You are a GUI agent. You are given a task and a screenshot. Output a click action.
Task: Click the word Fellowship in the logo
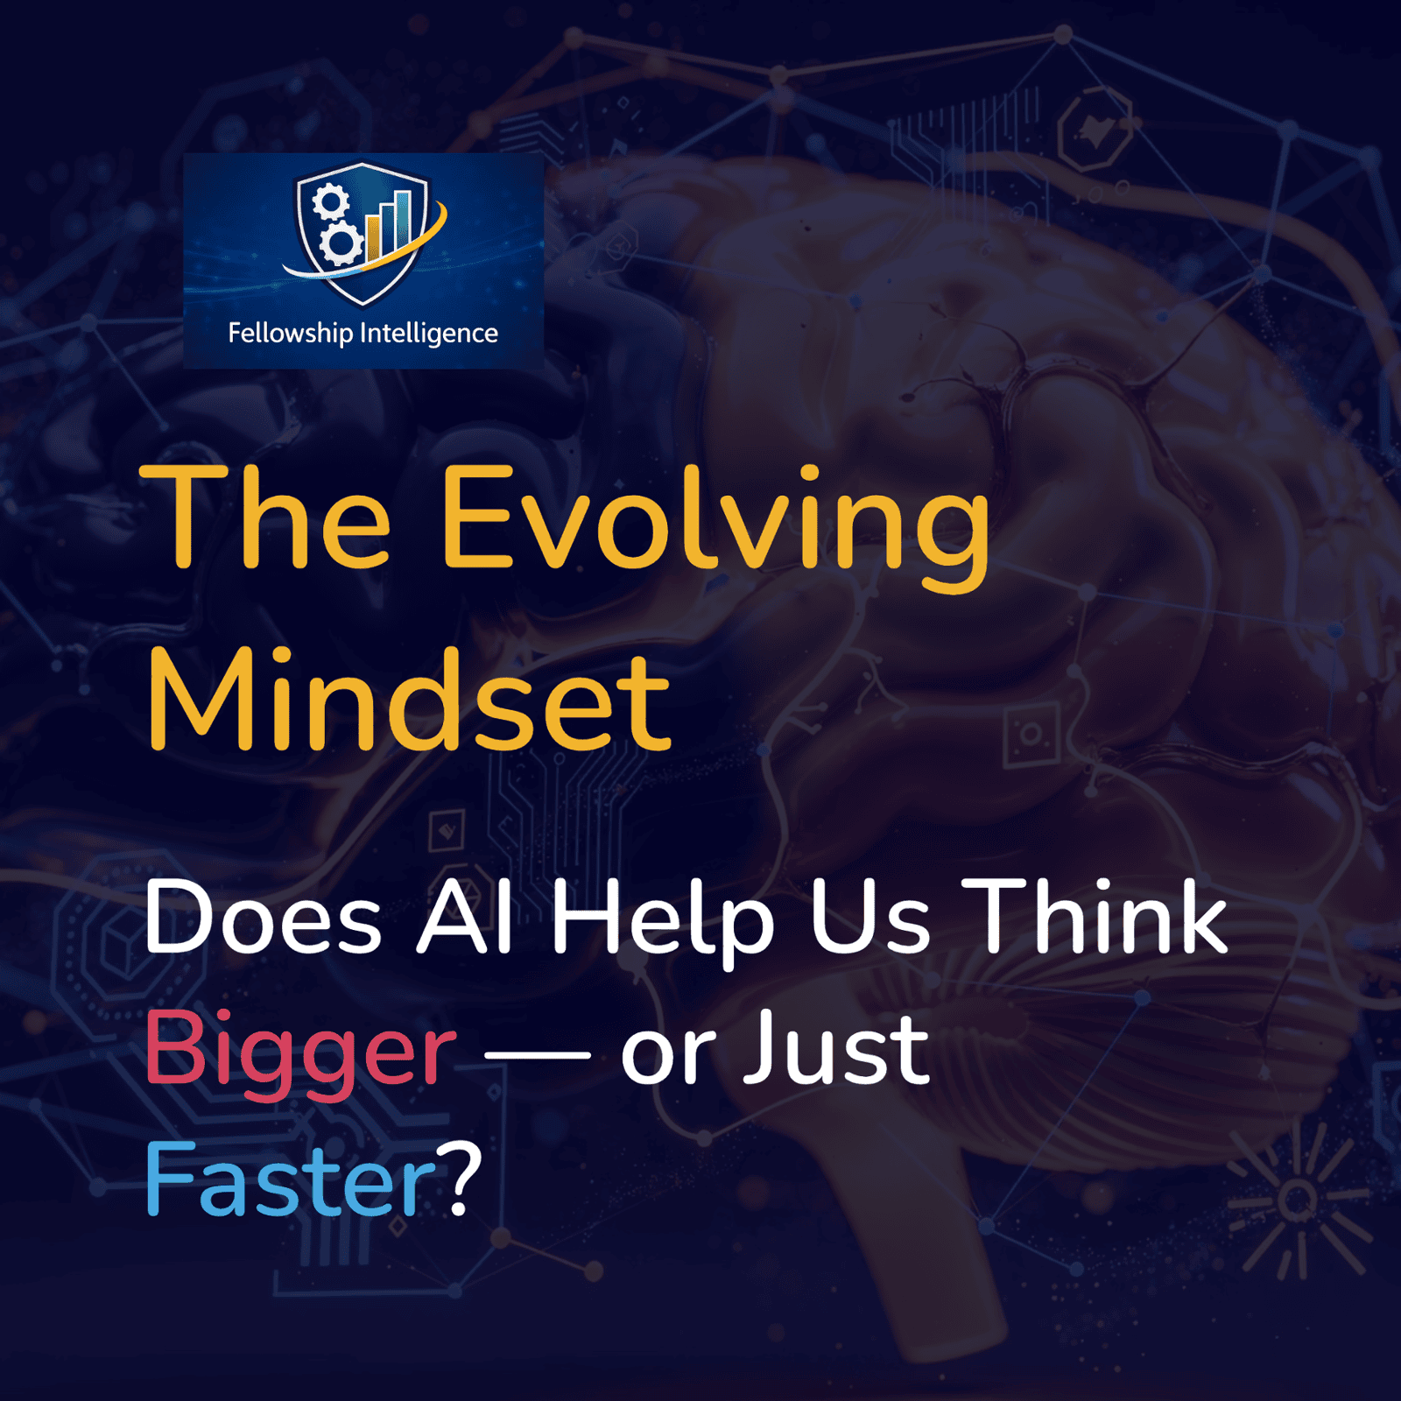pyautogui.click(x=290, y=334)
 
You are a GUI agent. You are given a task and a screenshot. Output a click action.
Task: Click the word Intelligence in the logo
pyautogui.click(x=429, y=334)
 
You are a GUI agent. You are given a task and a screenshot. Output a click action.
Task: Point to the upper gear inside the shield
pyautogui.click(x=331, y=201)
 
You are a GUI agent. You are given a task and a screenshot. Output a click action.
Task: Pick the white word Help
pyautogui.click(x=662, y=924)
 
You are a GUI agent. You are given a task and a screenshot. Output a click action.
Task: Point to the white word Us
pyautogui.click(x=869, y=917)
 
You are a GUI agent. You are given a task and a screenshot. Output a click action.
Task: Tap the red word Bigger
pyautogui.click(x=300, y=1053)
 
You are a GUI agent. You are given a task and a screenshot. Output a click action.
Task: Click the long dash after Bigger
pyautogui.click(x=537, y=1056)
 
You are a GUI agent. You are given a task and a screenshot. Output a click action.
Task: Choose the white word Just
pyautogui.click(x=836, y=1048)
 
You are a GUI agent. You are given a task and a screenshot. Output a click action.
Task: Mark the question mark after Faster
pyautogui.click(x=461, y=1179)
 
